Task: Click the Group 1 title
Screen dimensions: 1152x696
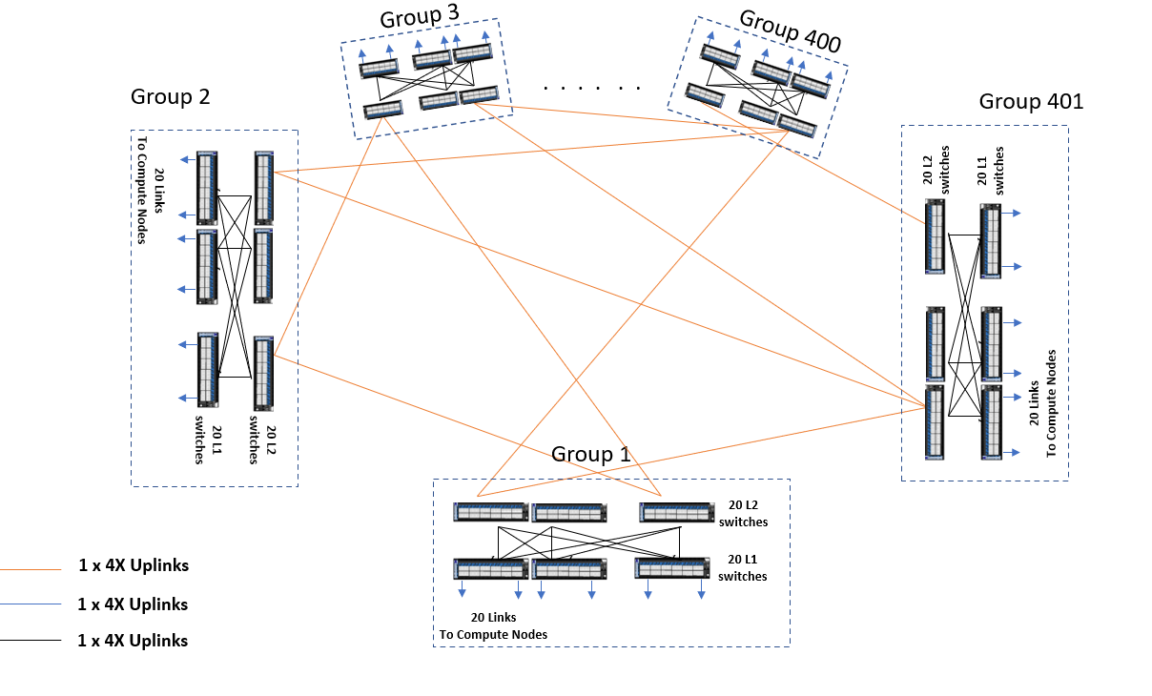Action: [x=591, y=455]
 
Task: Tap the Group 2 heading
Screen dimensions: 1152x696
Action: [x=171, y=96]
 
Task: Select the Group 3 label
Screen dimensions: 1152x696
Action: [x=420, y=16]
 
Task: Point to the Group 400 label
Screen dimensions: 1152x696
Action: [x=790, y=31]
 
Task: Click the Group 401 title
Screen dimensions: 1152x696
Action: [x=1031, y=101]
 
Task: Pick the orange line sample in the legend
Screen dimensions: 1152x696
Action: [x=31, y=569]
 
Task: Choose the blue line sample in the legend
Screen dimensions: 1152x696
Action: [x=31, y=604]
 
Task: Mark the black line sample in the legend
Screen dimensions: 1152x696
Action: [x=31, y=641]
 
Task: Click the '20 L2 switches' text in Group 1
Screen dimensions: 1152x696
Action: [x=743, y=514]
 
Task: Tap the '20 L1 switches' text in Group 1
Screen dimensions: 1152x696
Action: [x=743, y=568]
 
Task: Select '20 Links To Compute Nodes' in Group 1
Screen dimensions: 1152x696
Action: [x=493, y=626]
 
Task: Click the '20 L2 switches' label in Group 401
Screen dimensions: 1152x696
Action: [x=936, y=170]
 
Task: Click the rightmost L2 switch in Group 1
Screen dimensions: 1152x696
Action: [x=677, y=513]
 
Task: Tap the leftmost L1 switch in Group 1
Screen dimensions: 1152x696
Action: [x=490, y=568]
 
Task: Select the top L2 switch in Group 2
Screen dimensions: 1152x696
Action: [x=264, y=188]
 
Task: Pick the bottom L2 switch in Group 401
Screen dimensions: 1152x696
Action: [x=935, y=422]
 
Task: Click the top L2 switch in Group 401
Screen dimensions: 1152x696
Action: [x=935, y=236]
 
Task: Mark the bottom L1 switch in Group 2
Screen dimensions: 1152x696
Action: [x=208, y=370]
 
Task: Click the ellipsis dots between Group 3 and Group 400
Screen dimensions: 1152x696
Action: [x=591, y=89]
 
